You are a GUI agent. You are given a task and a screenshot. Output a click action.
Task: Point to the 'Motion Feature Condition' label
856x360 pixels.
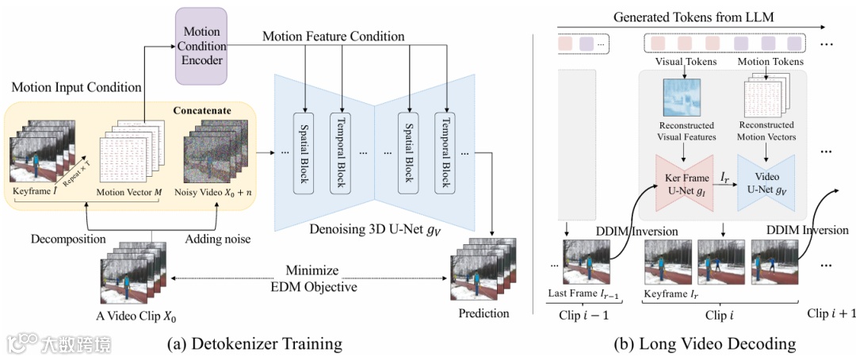tap(333, 36)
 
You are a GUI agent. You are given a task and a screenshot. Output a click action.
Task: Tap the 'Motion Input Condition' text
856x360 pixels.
tap(76, 87)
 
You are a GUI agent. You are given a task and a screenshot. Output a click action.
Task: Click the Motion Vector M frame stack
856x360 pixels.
tap(128, 153)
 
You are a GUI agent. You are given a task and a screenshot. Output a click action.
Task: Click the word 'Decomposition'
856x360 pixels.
tap(69, 238)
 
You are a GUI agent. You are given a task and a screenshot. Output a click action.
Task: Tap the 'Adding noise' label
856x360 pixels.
tap(218, 238)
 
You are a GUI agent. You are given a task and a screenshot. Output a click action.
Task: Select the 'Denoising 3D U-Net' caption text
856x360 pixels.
tap(366, 231)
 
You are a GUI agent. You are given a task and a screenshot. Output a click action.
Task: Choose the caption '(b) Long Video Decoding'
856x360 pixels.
tap(705, 343)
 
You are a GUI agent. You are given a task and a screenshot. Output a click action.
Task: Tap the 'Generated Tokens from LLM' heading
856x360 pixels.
tap(706, 17)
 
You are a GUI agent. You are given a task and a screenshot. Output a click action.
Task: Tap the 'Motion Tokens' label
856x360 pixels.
tap(770, 61)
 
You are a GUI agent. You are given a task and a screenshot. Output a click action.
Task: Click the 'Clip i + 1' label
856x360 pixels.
tap(831, 313)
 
